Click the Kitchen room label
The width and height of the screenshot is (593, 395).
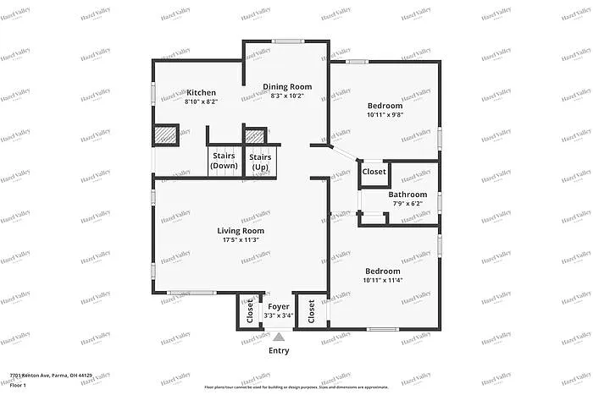click(202, 92)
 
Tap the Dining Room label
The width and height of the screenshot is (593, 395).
click(286, 86)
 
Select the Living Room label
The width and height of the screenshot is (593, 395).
click(241, 230)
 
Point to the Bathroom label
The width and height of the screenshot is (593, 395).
click(407, 195)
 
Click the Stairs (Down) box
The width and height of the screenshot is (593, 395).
click(224, 161)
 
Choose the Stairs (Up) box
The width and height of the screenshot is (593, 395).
click(260, 161)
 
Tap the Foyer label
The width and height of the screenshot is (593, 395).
click(278, 306)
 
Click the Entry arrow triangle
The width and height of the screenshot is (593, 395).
click(278, 337)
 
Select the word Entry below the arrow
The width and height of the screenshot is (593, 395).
click(278, 350)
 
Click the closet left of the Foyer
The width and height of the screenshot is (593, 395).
click(250, 311)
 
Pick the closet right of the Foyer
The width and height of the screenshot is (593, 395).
click(312, 311)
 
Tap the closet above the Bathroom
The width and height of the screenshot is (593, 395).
click(374, 172)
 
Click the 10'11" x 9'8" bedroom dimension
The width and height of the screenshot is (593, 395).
click(385, 115)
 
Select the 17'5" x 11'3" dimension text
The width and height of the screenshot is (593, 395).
click(241, 239)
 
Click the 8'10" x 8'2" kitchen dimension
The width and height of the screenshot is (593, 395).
click(202, 101)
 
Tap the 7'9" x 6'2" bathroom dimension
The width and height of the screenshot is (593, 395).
click(407, 204)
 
